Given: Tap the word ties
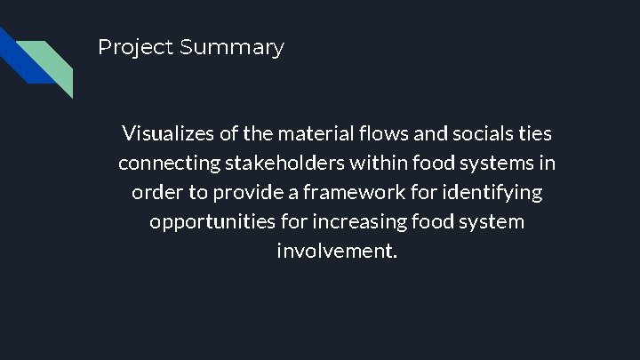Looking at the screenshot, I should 533,134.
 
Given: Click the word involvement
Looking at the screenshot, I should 337,251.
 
